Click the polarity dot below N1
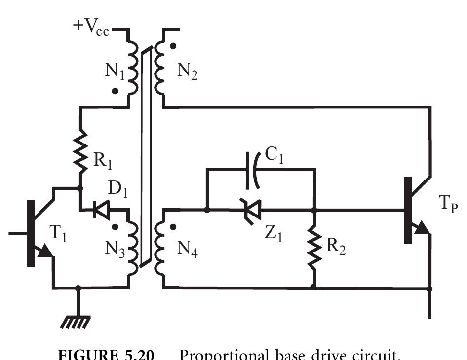(x=115, y=91)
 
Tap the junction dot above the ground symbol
(x=78, y=288)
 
